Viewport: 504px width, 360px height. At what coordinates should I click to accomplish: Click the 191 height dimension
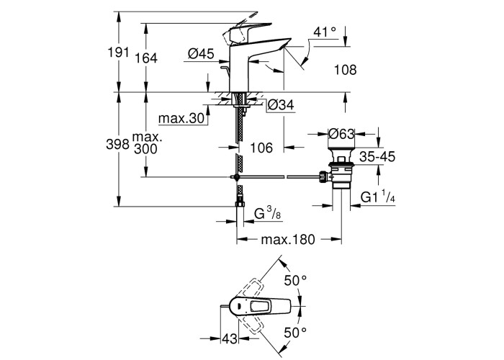pyautogui.click(x=119, y=53)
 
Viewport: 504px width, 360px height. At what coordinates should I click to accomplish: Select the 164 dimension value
pyautogui.click(x=145, y=59)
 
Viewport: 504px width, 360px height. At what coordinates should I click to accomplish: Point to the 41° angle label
pyautogui.click(x=325, y=32)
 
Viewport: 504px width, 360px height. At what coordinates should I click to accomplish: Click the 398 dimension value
pyautogui.click(x=119, y=144)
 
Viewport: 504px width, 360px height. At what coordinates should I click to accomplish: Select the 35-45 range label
pyautogui.click(x=378, y=156)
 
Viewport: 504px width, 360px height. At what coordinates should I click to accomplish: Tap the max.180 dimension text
pyautogui.click(x=288, y=240)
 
